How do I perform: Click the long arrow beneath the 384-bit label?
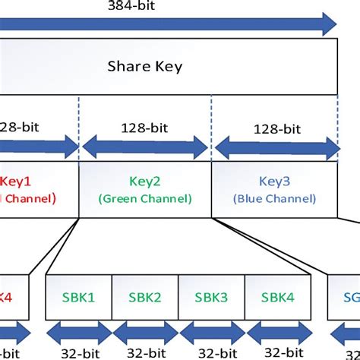[x=167, y=24]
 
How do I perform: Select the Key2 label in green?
[x=144, y=183]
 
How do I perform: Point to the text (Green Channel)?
[x=144, y=199]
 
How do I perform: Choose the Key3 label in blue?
[x=274, y=183]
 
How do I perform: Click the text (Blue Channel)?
[x=274, y=199]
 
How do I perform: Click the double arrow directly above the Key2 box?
[x=144, y=147]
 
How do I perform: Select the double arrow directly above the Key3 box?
[x=276, y=147]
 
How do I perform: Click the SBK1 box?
[x=79, y=298]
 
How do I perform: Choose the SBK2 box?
[x=145, y=298]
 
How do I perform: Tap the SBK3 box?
[x=210, y=298]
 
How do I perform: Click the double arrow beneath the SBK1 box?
[x=79, y=332]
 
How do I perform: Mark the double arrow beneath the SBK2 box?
[x=145, y=332]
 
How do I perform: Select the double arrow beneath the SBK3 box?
[x=210, y=332]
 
